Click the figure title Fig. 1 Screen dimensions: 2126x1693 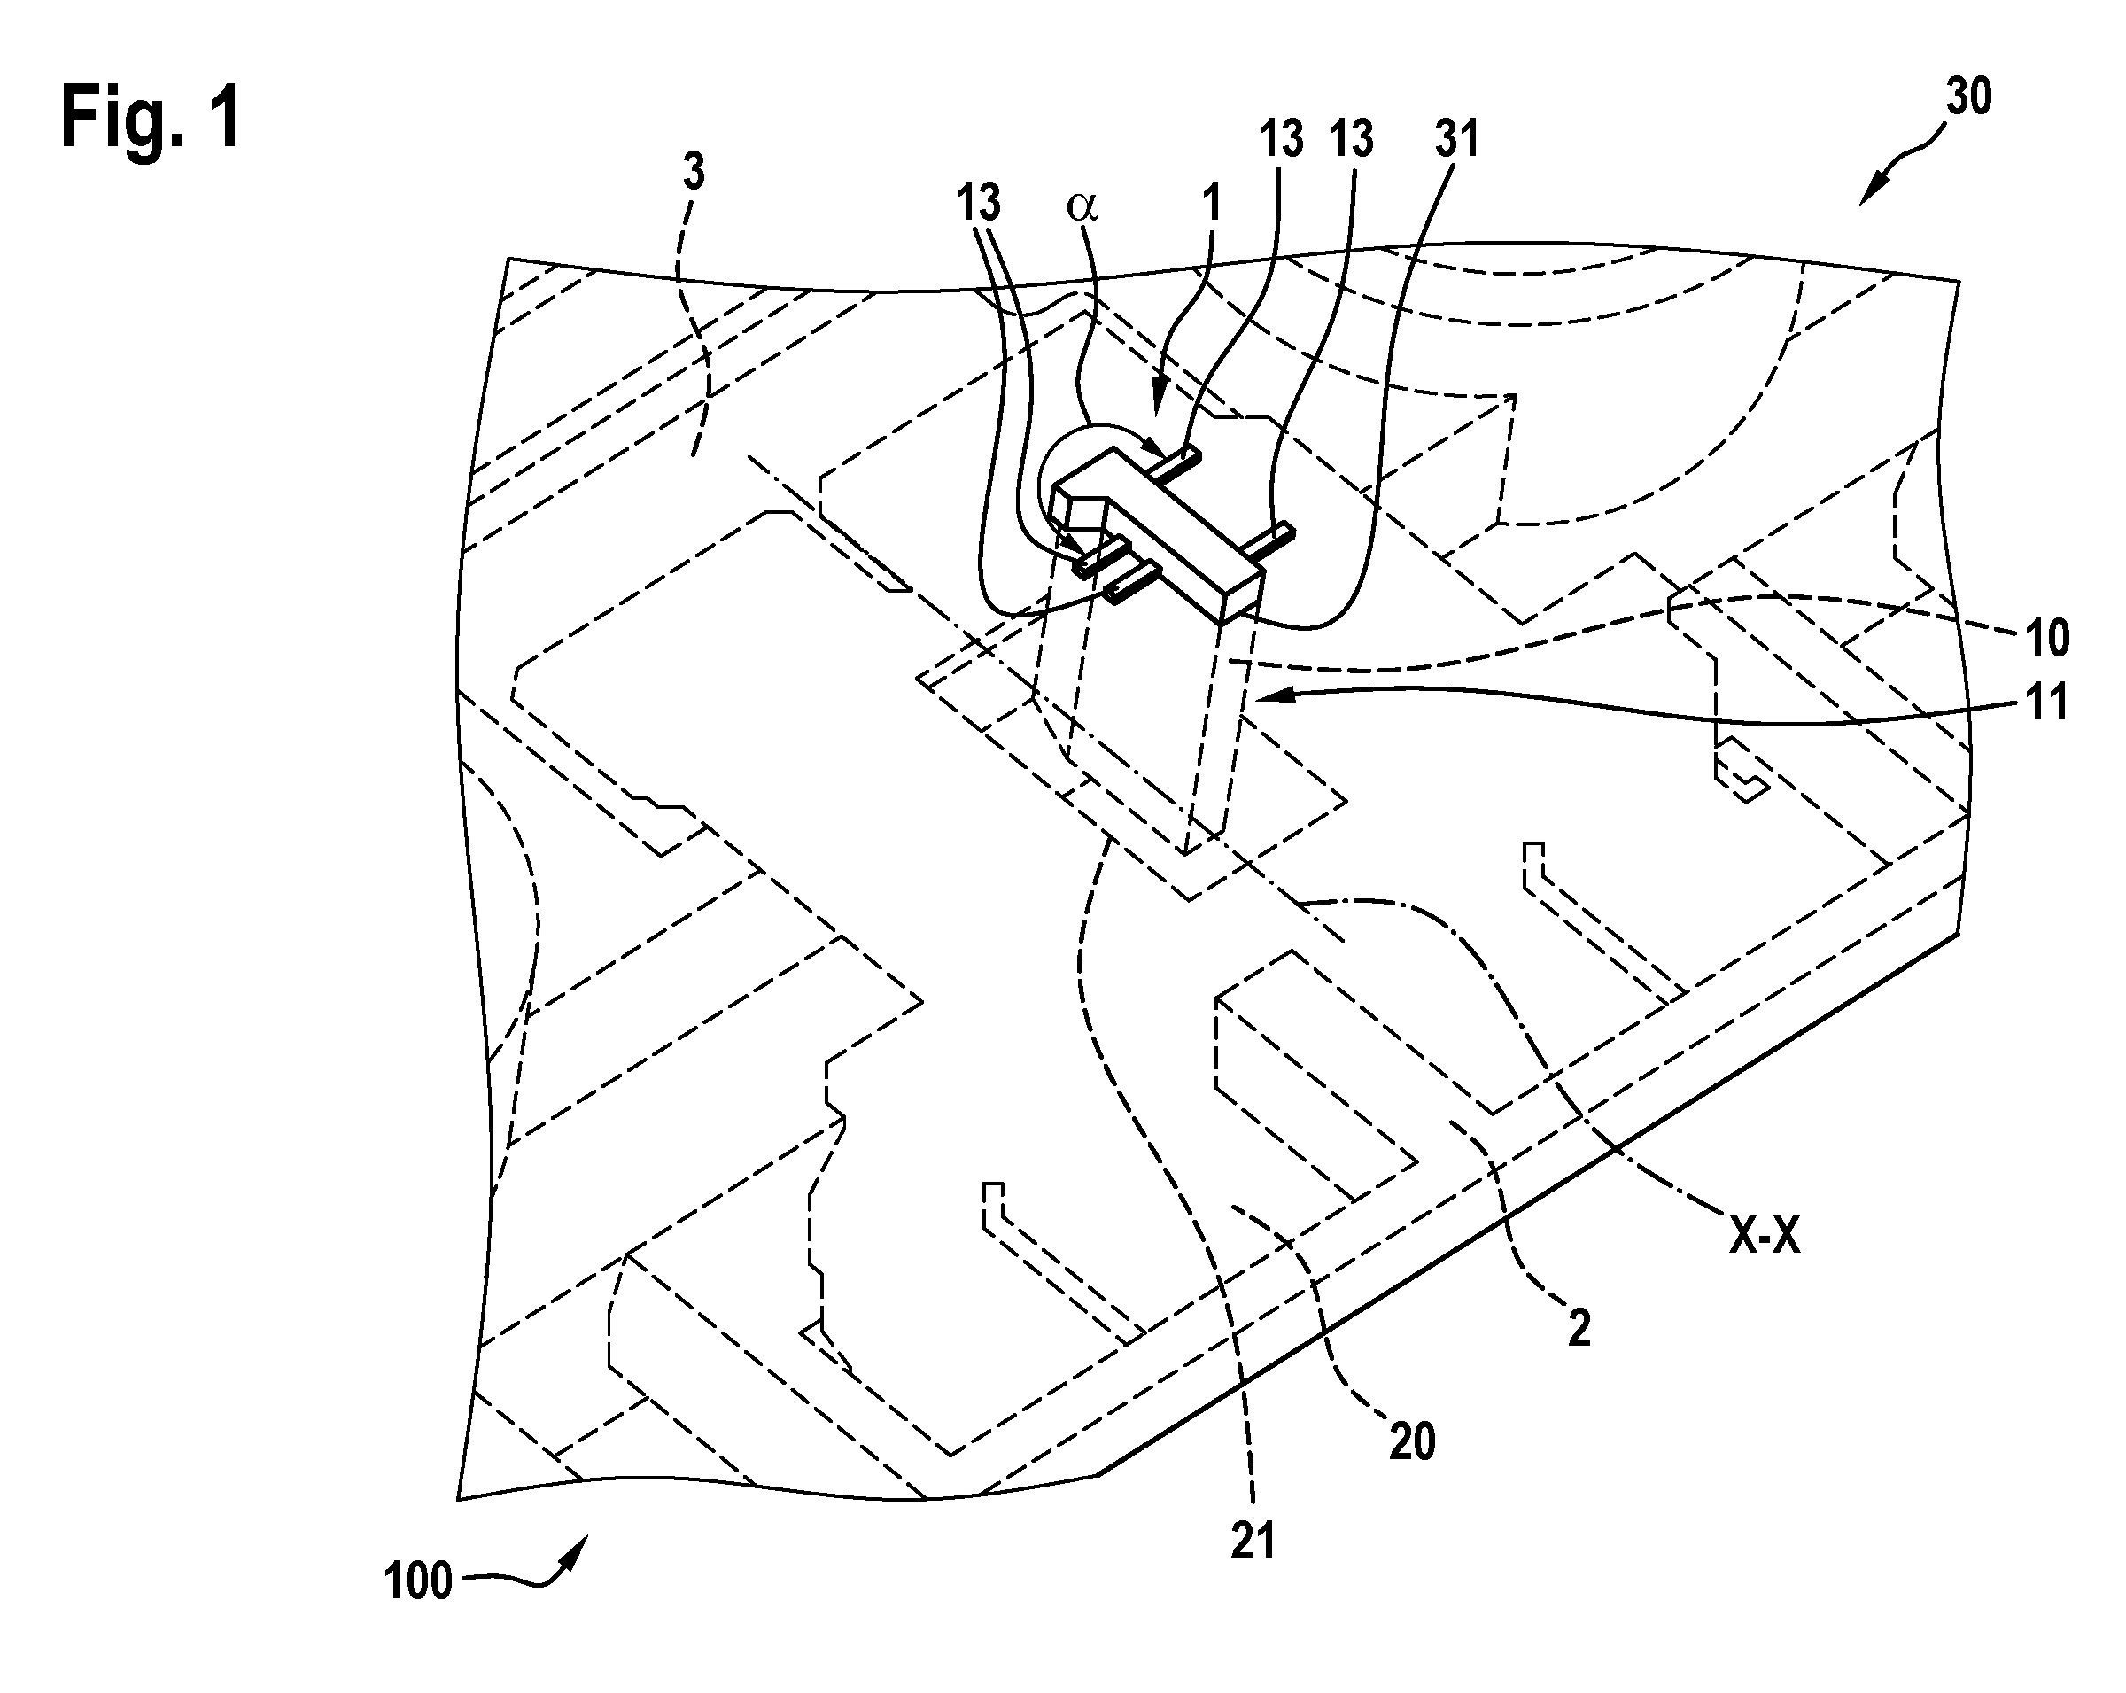coord(151,117)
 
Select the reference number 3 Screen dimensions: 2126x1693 coord(694,174)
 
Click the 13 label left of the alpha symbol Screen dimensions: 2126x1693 coord(978,203)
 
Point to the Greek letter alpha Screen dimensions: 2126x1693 coord(1082,206)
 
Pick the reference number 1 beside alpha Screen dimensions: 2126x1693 coord(1212,204)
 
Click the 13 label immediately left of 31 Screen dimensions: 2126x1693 coord(1352,139)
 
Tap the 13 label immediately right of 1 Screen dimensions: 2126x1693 coord(1281,139)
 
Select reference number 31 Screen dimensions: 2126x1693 coord(1457,139)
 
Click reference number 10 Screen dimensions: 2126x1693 coord(2047,639)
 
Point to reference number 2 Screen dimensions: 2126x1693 coord(1579,1330)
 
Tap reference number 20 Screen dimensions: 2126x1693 coord(1412,1442)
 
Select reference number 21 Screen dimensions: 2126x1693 coord(1253,1542)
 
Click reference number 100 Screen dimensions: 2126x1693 coord(418,1581)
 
